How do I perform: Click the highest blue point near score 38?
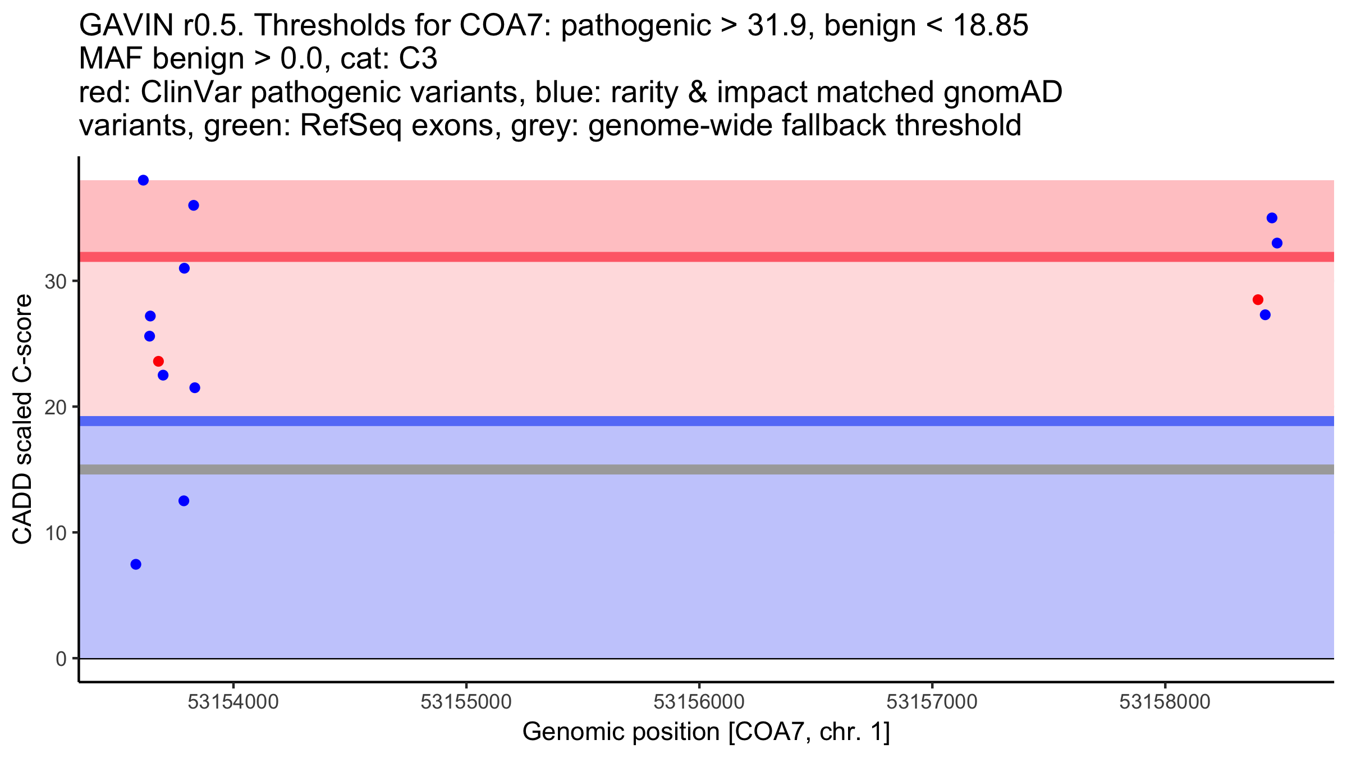coord(143,180)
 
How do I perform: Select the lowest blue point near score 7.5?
coord(136,564)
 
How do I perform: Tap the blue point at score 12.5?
coord(184,501)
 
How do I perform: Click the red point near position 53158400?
coord(1258,300)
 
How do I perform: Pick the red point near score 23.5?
coord(158,361)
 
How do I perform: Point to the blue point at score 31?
coord(184,268)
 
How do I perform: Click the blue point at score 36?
coord(194,206)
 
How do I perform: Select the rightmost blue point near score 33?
coord(1277,243)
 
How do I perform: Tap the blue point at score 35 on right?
coord(1272,218)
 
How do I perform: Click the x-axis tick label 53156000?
coord(699,702)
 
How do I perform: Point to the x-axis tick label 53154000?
coord(233,702)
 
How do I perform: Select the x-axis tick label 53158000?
coord(1165,702)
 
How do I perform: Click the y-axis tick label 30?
coord(56,282)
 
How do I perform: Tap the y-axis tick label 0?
coord(61,659)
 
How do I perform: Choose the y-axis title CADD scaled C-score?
coord(22,420)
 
